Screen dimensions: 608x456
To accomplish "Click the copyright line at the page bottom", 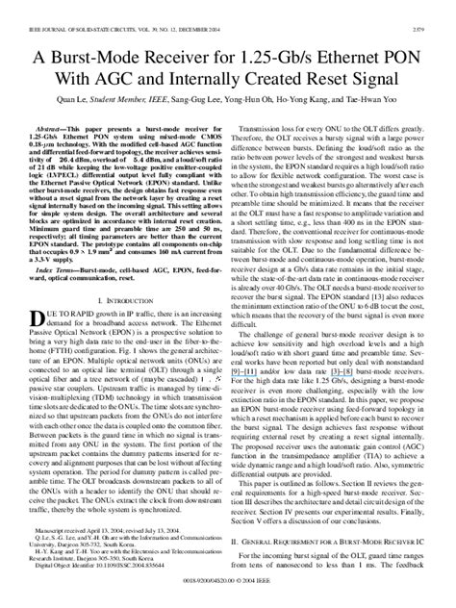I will pyautogui.click(x=228, y=596).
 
